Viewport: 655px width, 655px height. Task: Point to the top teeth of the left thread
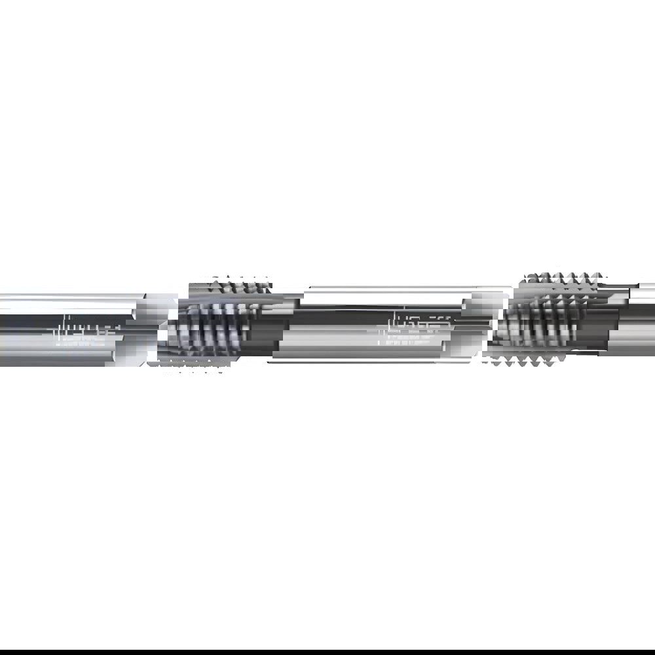pos(229,285)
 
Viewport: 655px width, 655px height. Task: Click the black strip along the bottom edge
pos(327,652)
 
